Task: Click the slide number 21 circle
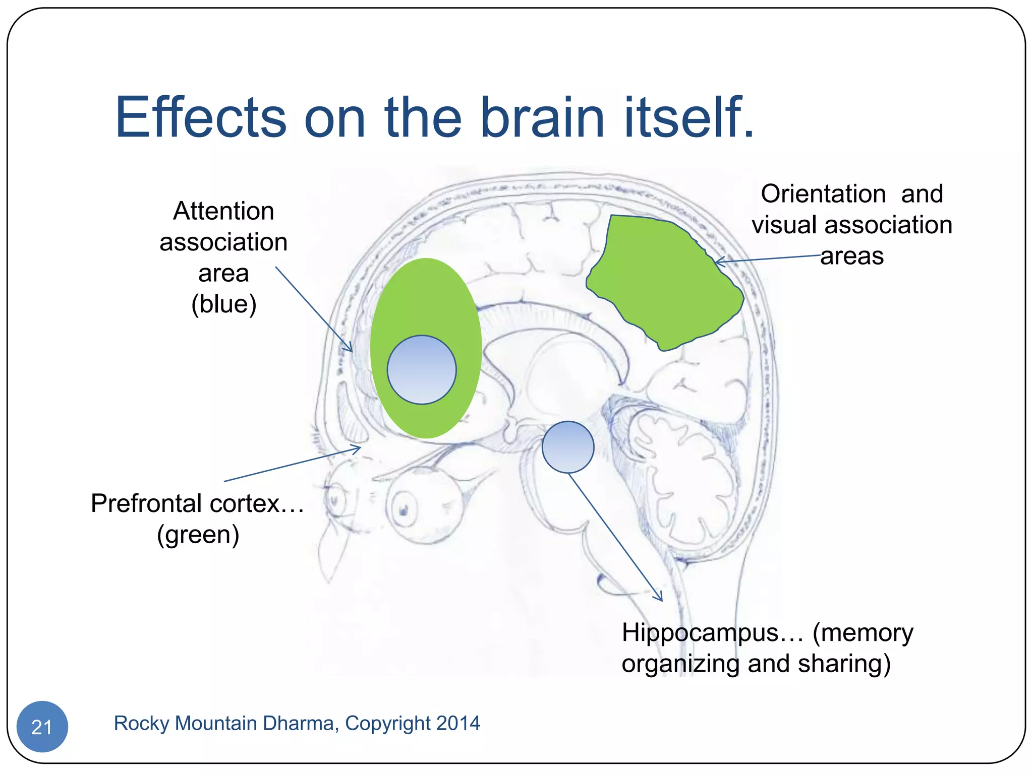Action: [42, 726]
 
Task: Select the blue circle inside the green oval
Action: [422, 370]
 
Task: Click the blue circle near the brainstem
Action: [568, 447]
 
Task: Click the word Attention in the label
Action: [223, 211]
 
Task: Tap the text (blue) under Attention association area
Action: [224, 304]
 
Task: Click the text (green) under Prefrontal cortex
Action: [198, 534]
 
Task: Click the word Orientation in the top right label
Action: [823, 193]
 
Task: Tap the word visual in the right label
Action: [784, 225]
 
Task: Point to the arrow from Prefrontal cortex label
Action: [293, 464]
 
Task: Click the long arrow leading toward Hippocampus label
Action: [615, 537]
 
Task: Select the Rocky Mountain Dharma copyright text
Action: [297, 723]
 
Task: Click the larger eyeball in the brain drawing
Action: [425, 504]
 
